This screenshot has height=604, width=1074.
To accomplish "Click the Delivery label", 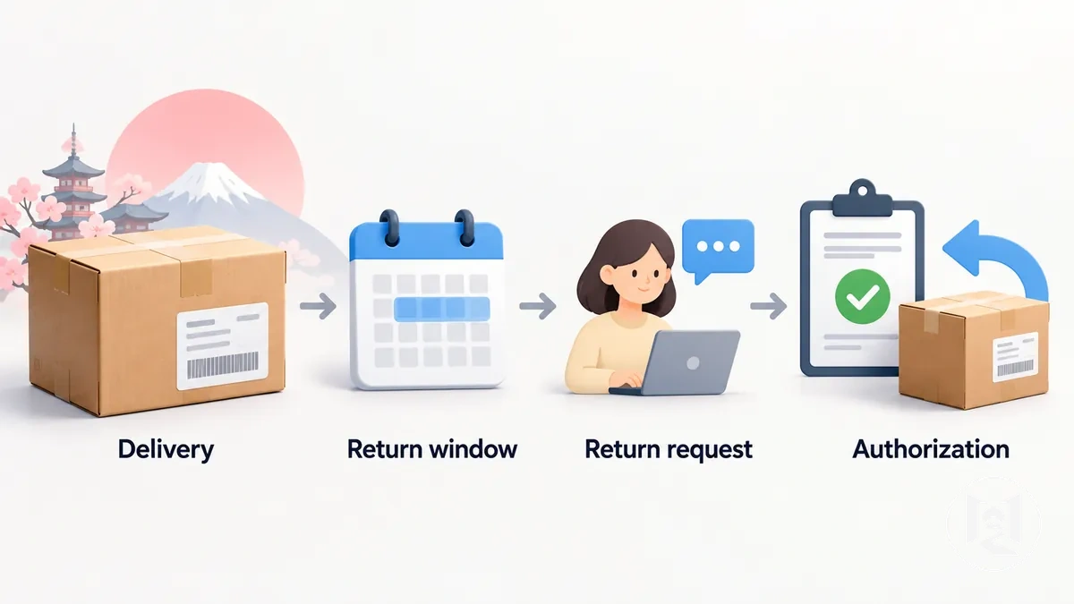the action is point(166,450).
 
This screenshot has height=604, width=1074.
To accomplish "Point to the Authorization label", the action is point(931,449).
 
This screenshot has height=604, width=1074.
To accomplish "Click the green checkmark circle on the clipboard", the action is point(863,296).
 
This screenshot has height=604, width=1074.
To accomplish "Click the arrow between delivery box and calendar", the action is point(318,306).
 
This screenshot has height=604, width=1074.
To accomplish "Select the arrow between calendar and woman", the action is point(538,306).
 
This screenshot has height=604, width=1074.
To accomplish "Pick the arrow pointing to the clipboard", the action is point(769,306).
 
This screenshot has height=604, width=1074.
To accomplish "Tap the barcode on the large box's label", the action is point(223,365).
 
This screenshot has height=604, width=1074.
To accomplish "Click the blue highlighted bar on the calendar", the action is point(441,309).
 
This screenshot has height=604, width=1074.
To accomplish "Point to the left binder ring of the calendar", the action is point(390,228).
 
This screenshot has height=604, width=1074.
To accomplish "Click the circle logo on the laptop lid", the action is point(693,363).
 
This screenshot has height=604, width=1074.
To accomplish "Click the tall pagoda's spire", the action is point(73,140).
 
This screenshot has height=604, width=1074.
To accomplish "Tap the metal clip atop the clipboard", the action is point(863,199).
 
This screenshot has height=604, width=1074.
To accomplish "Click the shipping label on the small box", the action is point(1016,357).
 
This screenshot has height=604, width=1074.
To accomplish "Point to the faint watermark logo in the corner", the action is point(994,524).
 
